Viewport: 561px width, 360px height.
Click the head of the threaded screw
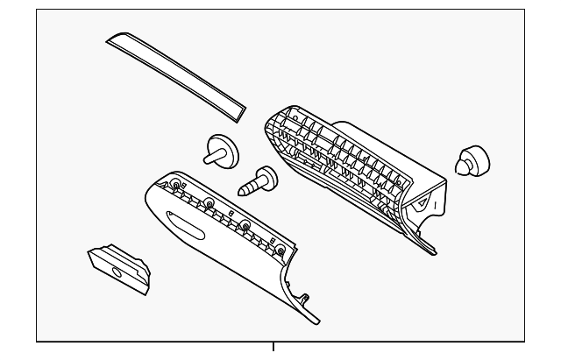pyautogui.click(x=264, y=179)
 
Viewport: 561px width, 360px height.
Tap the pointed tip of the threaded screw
pyautogui.click(x=240, y=189)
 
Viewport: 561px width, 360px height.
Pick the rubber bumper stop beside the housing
pyautogui.click(x=471, y=162)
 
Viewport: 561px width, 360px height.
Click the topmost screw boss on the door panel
pyautogui.click(x=178, y=186)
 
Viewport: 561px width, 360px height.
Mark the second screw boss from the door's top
pyautogui.click(x=211, y=208)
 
